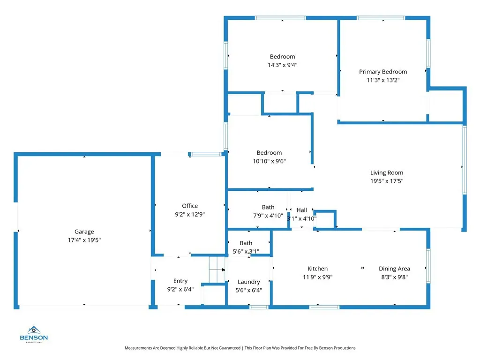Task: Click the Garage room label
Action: [x=84, y=232]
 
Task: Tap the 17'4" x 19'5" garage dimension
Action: [x=84, y=240]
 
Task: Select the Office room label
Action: [x=190, y=206]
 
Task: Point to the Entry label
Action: [x=180, y=281]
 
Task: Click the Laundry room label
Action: [x=248, y=282]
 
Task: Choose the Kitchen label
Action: [x=317, y=269]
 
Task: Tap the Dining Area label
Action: [x=394, y=269]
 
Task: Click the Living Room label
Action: [x=387, y=172]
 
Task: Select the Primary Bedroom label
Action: [x=383, y=72]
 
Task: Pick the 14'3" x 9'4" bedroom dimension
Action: [x=282, y=65]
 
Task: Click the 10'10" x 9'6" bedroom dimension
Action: [x=269, y=161]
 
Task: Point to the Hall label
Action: [x=301, y=210]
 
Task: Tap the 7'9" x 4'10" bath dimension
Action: [x=268, y=216]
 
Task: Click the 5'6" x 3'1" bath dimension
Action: [x=246, y=251]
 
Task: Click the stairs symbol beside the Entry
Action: [x=217, y=270]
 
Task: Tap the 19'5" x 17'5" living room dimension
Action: [x=387, y=180]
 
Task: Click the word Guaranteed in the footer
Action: [x=228, y=348]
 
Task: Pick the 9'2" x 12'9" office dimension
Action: [x=190, y=214]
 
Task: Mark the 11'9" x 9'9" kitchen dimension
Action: [x=317, y=277]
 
